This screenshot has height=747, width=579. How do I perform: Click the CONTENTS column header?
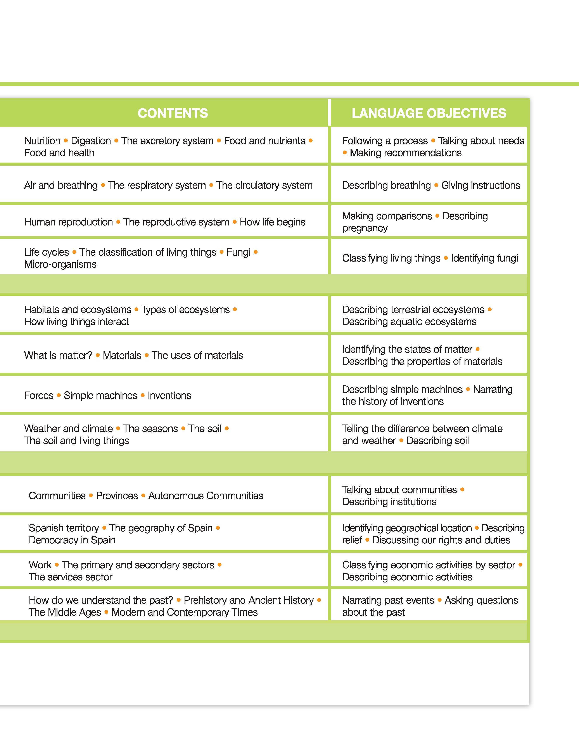tap(173, 113)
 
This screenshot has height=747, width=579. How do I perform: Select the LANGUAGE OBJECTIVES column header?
tap(429, 113)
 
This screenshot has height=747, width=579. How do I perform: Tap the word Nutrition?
tap(42, 141)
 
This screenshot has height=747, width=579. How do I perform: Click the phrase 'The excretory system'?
tap(167, 141)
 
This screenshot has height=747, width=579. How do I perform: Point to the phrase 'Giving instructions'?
tap(480, 185)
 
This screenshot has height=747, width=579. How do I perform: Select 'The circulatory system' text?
tap(264, 185)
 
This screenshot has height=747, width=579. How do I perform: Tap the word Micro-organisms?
tap(60, 264)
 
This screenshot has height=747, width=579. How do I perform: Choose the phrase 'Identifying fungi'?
tap(484, 258)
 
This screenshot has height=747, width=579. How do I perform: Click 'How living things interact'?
tap(77, 322)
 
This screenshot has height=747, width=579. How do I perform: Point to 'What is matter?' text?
tap(58, 355)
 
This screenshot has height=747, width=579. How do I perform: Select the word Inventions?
tap(169, 395)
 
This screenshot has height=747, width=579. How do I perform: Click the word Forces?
tap(39, 395)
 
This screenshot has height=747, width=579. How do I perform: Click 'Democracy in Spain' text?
tap(72, 540)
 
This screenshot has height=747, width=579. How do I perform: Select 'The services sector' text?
tap(71, 577)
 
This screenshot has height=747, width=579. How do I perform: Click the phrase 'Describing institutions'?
tap(389, 502)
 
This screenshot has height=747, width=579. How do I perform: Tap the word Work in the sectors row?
tap(40, 565)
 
